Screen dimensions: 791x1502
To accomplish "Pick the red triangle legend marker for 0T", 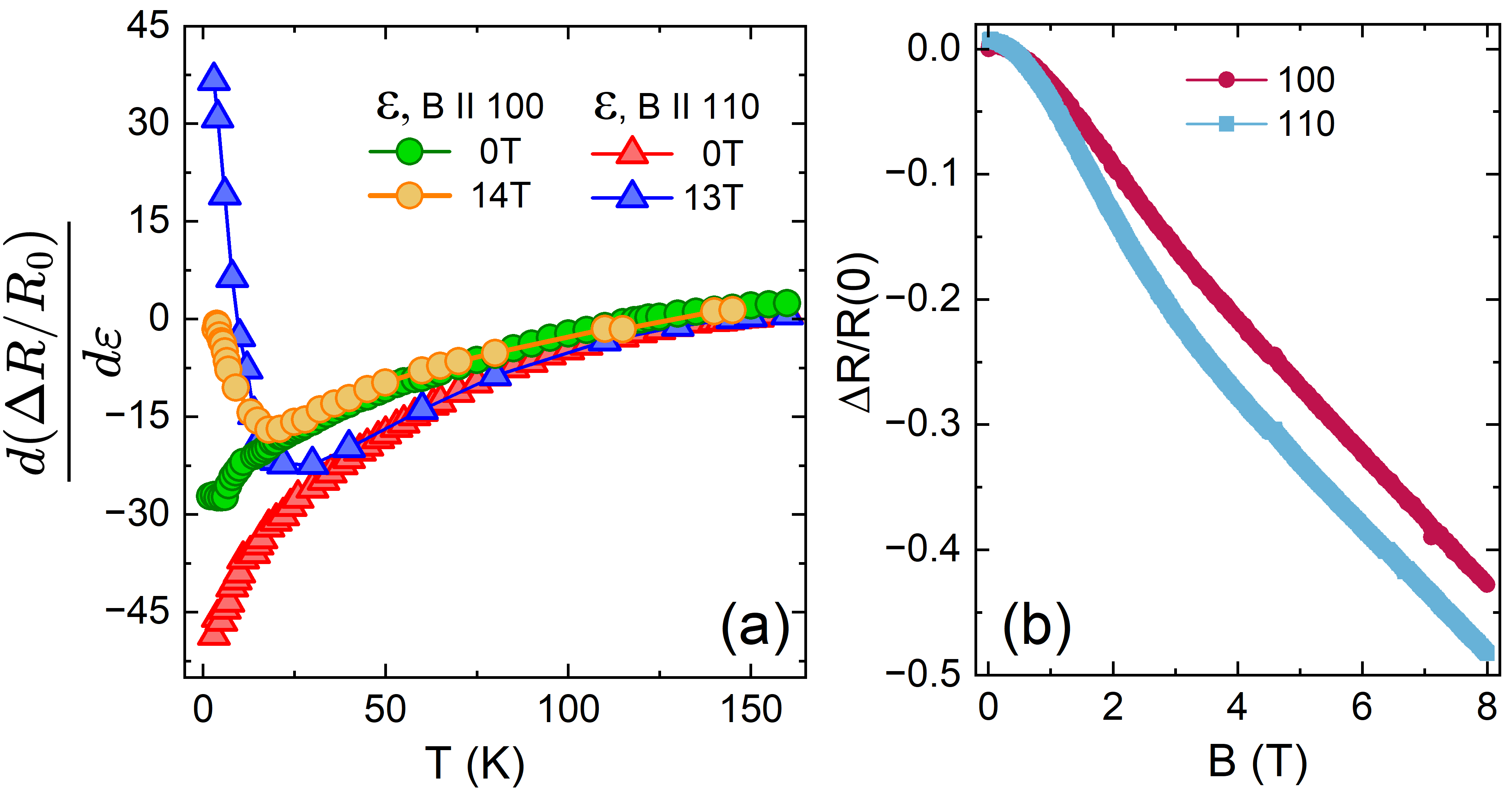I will pos(632,152).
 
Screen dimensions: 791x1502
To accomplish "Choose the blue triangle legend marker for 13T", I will pos(632,196).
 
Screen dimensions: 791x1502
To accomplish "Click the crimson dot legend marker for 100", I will pos(1226,79).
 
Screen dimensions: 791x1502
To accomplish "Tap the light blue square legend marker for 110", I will pos(1226,123).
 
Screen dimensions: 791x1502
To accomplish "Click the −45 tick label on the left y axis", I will pos(137,612).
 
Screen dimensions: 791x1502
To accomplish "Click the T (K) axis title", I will pos(475,763).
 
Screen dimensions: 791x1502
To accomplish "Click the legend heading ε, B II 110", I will pos(676,107).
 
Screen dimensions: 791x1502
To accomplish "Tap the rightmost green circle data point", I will pos(787,302).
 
